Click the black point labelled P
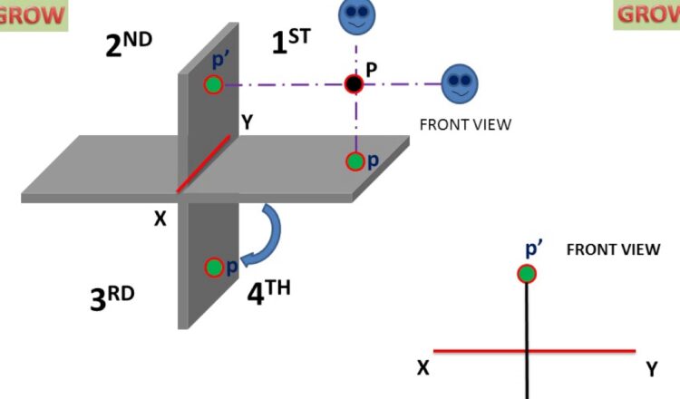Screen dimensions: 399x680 point(355,84)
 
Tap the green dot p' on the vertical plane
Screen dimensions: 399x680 point(213,85)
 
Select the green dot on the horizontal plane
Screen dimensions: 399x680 point(355,161)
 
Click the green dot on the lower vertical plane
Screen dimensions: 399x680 point(214,267)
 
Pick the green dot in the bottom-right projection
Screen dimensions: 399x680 point(527,273)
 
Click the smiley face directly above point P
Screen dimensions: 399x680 point(355,15)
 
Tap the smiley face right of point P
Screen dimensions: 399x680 point(459,83)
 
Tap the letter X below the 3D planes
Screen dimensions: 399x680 point(160,219)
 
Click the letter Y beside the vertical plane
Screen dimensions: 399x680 point(246,119)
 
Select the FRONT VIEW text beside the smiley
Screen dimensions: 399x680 point(465,124)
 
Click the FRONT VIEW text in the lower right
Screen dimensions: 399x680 point(613,249)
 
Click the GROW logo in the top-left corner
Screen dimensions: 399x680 point(34,15)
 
